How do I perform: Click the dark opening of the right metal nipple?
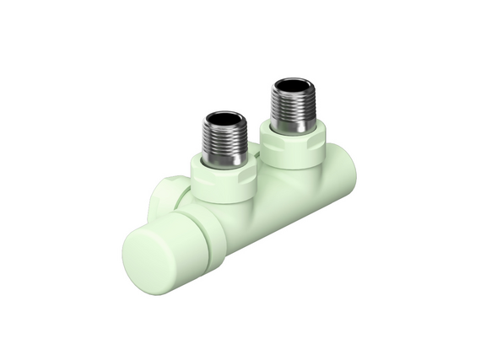[x=292, y=87]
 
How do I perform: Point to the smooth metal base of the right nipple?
[x=293, y=125]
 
